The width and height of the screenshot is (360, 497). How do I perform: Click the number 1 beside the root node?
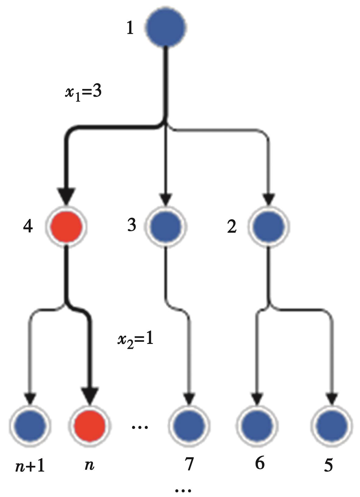[130, 29]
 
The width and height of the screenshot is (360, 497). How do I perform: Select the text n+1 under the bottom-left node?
[30, 466]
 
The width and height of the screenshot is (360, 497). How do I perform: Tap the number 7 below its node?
[189, 464]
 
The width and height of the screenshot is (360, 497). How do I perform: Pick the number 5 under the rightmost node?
[328, 465]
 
